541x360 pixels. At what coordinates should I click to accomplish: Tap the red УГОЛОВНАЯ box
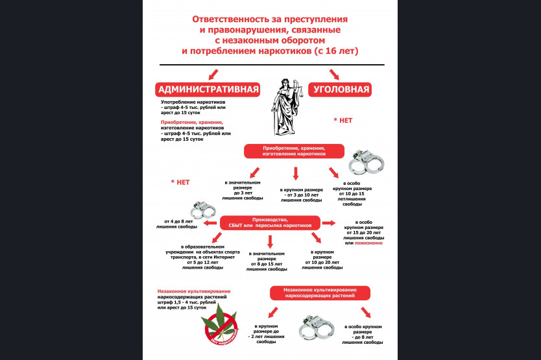342,90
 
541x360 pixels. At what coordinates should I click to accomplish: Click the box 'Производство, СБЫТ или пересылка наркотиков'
270,222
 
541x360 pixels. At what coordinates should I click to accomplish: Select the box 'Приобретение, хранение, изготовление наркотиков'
293,151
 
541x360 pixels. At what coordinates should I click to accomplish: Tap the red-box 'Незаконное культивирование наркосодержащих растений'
320,292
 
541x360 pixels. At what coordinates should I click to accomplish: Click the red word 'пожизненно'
368,243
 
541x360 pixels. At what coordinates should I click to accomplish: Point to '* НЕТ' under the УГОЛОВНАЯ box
343,121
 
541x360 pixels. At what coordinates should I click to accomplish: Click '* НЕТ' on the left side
180,182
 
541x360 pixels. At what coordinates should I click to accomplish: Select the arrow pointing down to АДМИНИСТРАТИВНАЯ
211,75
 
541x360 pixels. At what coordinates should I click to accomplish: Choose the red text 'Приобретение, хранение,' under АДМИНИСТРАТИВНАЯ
192,122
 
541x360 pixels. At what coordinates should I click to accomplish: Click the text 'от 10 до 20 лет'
322,262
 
